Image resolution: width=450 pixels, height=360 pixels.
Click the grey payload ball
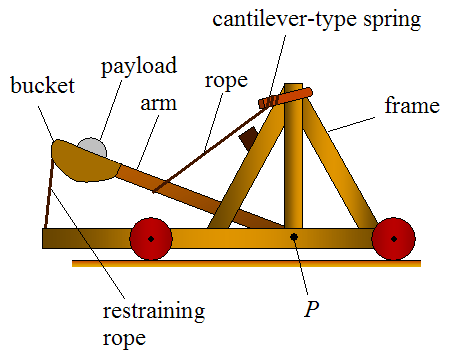(x=92, y=147)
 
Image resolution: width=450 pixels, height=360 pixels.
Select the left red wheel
(x=150, y=239)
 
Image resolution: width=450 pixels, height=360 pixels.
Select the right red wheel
(x=392, y=239)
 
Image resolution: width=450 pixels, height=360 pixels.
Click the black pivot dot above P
(x=293, y=237)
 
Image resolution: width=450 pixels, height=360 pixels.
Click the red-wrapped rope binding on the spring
(x=270, y=100)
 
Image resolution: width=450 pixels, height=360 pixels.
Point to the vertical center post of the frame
(x=292, y=170)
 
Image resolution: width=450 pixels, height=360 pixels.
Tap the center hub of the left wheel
(x=150, y=239)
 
